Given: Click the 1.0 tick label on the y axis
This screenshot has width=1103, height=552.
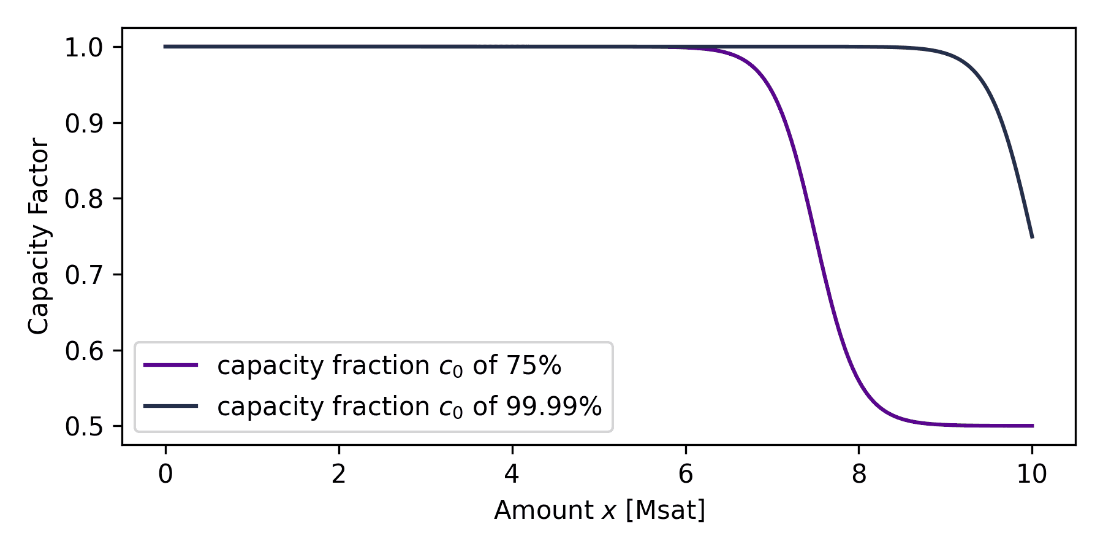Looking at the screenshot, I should point(85,48).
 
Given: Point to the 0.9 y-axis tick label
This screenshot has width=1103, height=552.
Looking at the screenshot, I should point(85,124).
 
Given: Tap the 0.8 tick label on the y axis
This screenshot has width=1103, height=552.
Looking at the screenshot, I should point(85,199).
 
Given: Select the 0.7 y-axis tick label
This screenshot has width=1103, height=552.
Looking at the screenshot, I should point(85,275).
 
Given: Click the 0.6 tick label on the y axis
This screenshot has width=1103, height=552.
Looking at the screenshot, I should point(85,351).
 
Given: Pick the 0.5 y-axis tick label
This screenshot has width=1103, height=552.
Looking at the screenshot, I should point(85,427).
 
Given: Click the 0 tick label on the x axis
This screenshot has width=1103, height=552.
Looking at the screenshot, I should point(165,474).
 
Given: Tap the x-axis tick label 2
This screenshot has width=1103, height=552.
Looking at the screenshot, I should point(339,474).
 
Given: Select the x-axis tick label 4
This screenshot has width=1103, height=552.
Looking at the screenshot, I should point(512,474).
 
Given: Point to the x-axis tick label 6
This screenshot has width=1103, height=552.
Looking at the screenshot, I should point(686,474).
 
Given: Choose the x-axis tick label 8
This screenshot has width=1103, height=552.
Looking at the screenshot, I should point(859,474).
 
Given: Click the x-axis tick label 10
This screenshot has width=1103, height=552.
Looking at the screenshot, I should point(1033,474).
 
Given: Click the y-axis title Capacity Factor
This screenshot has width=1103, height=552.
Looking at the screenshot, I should point(39,236).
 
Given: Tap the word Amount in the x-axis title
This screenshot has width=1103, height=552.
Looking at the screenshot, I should point(543,510).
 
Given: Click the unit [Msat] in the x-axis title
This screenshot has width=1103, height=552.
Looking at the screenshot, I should point(665,510).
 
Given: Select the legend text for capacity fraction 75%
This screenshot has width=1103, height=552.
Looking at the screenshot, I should point(389,366).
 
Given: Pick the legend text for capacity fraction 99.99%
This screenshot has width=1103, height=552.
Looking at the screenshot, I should point(409,407).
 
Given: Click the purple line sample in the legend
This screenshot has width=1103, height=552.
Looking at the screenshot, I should point(171,366).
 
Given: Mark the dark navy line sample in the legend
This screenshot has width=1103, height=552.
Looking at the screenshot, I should point(171,406).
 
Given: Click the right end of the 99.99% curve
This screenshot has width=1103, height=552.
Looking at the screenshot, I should point(1033,237).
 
